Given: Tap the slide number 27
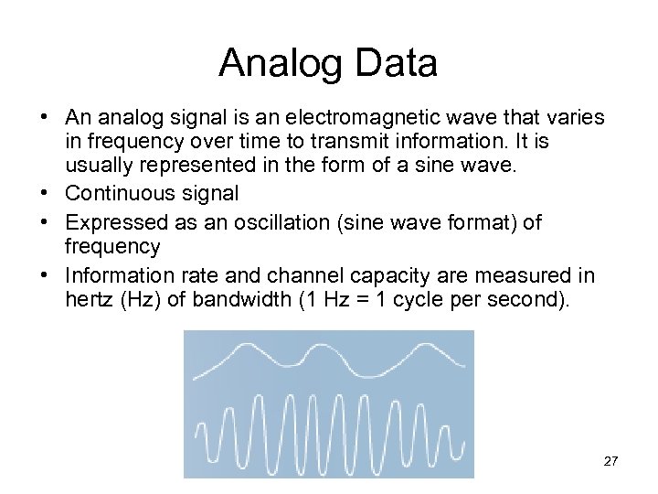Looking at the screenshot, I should (x=610, y=461).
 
